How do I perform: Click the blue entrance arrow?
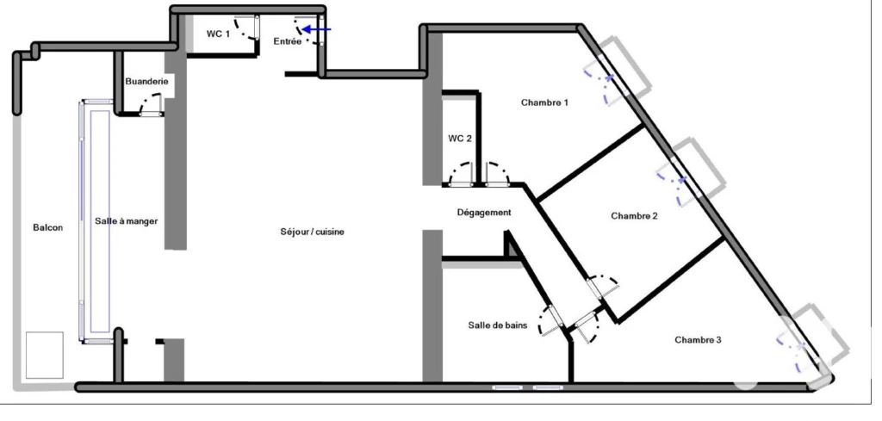(317, 29)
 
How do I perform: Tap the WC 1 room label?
(218, 34)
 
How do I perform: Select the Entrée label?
(288, 41)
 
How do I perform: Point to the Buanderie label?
(146, 82)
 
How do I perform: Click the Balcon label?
(48, 227)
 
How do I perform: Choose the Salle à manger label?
(126, 221)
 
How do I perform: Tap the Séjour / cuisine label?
(312, 232)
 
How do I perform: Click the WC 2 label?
(460, 139)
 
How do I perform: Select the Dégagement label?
(484, 213)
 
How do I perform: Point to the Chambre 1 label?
(544, 102)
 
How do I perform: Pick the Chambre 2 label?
(634, 216)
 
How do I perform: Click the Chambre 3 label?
(698, 340)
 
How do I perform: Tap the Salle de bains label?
(497, 325)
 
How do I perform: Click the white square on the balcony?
(45, 355)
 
